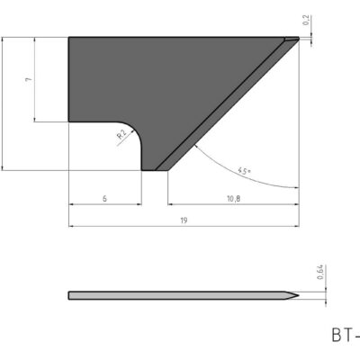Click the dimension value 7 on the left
click(x=29, y=80)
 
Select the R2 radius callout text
click(x=121, y=136)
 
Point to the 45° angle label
click(x=245, y=169)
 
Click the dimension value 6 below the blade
click(x=104, y=197)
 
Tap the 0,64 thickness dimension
click(x=321, y=273)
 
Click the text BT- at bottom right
click(x=344, y=336)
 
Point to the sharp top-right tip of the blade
click(x=298, y=37)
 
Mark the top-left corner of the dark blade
click(x=70, y=38)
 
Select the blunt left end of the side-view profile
click(x=70, y=295)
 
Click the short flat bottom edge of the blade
click(x=150, y=168)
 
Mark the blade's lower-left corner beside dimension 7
click(x=70, y=121)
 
